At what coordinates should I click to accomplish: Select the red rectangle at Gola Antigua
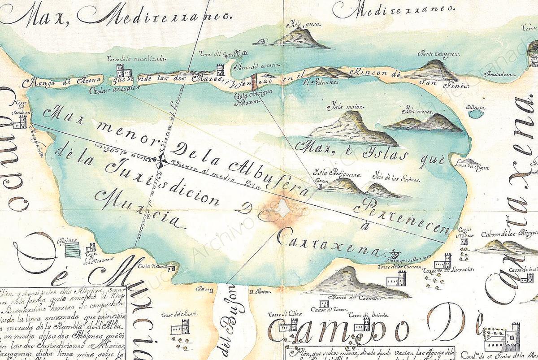tap(254, 82)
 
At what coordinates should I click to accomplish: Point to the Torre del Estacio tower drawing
tap(220, 69)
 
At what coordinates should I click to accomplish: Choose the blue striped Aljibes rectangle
tap(72, 249)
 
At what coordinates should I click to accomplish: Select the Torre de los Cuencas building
tap(396, 278)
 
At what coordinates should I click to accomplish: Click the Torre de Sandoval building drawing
tap(20, 121)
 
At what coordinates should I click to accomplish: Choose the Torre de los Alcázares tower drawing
tap(91, 247)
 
